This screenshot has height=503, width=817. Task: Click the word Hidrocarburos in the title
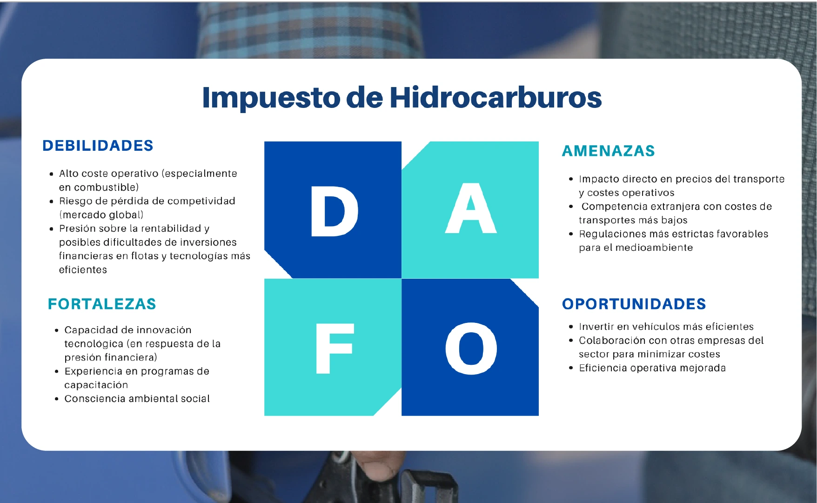click(496, 97)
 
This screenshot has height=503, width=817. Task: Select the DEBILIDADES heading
click(98, 146)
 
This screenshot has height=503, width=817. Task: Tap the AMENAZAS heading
click(608, 151)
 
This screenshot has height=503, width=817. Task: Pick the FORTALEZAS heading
click(102, 304)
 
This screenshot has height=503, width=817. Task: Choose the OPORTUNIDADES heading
click(634, 304)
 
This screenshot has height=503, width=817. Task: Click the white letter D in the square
click(335, 211)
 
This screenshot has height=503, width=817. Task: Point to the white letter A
click(471, 208)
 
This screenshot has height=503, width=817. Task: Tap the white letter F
click(335, 349)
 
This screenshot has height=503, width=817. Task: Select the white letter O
click(471, 349)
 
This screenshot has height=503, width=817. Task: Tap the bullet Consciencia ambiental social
click(137, 399)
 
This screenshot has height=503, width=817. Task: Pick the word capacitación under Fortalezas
click(96, 385)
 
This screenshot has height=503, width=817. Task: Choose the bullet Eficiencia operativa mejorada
click(652, 368)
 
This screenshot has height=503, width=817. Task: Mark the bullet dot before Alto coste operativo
click(51, 174)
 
